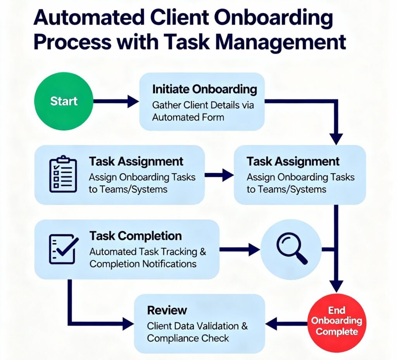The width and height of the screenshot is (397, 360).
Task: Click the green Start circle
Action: tap(64, 102)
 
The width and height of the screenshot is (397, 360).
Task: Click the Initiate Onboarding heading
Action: tap(204, 90)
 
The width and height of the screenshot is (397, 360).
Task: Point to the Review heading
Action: tap(167, 310)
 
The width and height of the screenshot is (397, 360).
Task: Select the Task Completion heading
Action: tap(135, 236)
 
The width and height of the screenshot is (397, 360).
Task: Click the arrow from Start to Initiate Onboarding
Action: tap(116, 102)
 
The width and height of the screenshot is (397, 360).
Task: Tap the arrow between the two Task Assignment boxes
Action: tap(219, 175)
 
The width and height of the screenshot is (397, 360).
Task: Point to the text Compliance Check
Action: tap(188, 338)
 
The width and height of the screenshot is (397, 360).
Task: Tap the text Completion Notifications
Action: tap(143, 264)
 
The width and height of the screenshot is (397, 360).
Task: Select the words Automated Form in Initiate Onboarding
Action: tap(188, 117)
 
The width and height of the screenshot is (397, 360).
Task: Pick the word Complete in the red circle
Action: tap(337, 332)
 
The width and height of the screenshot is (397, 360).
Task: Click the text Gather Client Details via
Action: tap(203, 105)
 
